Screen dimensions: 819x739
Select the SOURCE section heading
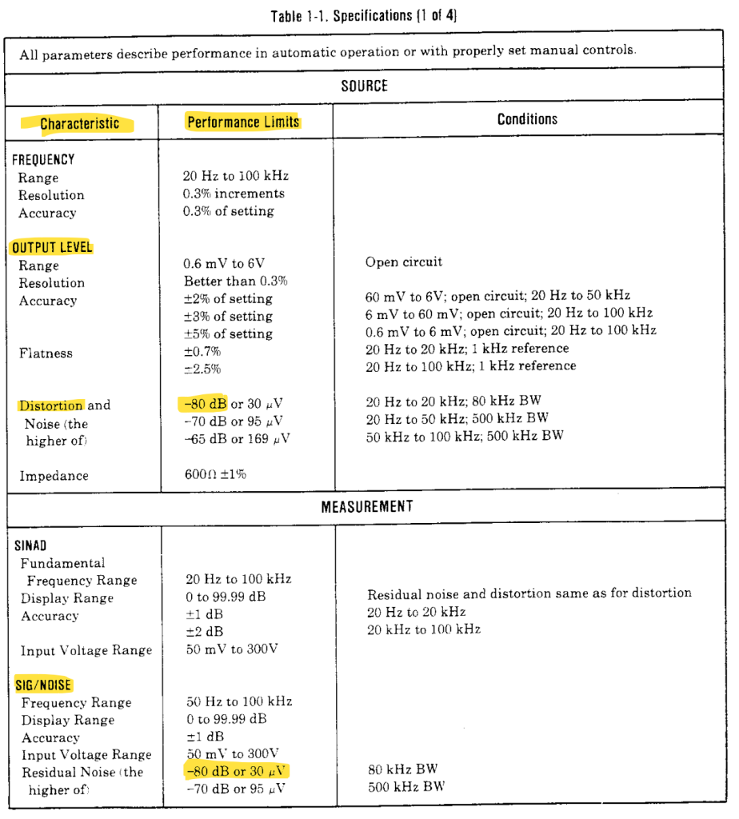[x=364, y=86]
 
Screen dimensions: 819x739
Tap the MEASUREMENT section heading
[x=367, y=506]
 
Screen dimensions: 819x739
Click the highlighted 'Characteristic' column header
[x=79, y=123]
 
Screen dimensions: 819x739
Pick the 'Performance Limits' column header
[x=243, y=122]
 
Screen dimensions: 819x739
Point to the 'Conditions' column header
[x=527, y=119]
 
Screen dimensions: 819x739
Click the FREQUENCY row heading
[x=43, y=159]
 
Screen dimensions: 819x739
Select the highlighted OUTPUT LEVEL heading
[x=52, y=247]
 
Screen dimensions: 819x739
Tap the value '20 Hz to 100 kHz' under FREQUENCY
[x=235, y=176]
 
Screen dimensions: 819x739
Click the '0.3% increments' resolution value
[x=234, y=194]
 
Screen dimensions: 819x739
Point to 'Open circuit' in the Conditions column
[x=403, y=262]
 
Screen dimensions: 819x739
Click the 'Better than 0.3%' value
[x=235, y=282]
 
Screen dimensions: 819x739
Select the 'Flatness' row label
[x=46, y=353]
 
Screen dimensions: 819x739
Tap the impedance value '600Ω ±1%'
[x=215, y=474]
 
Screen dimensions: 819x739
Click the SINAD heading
[x=30, y=546]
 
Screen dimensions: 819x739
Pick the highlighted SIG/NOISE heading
[x=43, y=685]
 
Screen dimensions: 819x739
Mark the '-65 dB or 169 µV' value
[x=237, y=438]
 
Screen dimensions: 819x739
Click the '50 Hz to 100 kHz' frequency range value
[x=238, y=702]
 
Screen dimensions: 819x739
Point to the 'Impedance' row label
[x=54, y=476]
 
